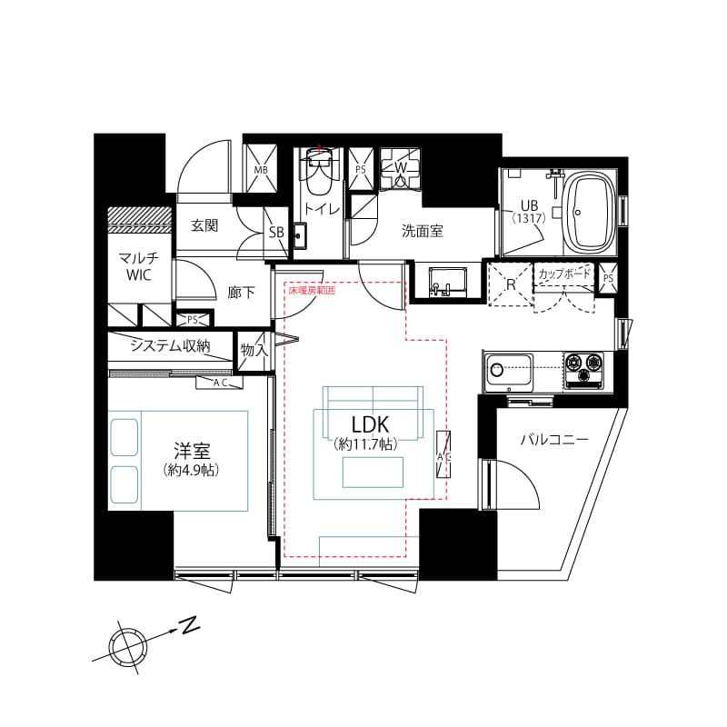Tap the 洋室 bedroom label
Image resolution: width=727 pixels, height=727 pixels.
(x=193, y=450)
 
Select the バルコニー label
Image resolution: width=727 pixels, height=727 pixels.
(x=553, y=439)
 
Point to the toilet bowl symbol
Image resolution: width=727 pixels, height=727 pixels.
(x=318, y=178)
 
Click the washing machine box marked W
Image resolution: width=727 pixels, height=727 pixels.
(x=399, y=168)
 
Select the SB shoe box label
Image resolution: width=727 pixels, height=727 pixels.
(x=276, y=233)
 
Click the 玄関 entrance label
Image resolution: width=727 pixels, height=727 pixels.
(x=204, y=225)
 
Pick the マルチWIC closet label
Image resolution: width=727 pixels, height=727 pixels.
(x=139, y=266)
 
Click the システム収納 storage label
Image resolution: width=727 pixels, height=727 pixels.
(x=170, y=345)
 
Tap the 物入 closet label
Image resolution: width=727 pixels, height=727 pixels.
(x=253, y=349)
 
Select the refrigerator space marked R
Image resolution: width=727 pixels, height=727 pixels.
(x=510, y=284)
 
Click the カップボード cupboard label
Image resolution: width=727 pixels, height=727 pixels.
(x=564, y=274)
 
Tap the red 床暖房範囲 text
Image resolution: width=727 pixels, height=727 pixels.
(x=312, y=291)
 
